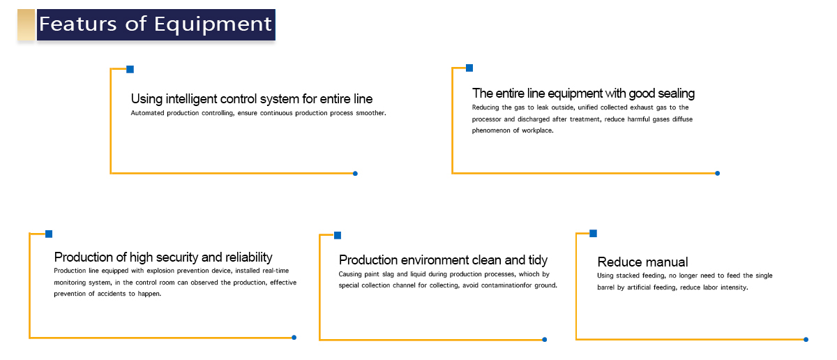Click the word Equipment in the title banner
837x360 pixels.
click(213, 24)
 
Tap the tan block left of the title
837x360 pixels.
click(27, 24)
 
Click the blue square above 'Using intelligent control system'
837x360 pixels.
click(130, 70)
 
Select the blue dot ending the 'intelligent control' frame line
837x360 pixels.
click(355, 174)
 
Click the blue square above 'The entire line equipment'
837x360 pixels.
click(469, 68)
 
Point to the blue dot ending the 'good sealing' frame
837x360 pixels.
click(718, 174)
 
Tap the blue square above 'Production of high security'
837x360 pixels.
click(49, 234)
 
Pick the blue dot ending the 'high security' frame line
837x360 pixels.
click(294, 338)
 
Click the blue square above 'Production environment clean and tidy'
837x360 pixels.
click(338, 236)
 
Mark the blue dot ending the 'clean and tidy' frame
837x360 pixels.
click(545, 340)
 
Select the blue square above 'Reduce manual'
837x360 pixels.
click(593, 234)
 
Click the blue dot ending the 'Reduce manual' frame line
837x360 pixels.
click(806, 340)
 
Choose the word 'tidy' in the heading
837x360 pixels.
click(538, 260)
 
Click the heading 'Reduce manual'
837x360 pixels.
click(642, 262)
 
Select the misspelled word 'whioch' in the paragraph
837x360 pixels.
click(529, 274)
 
